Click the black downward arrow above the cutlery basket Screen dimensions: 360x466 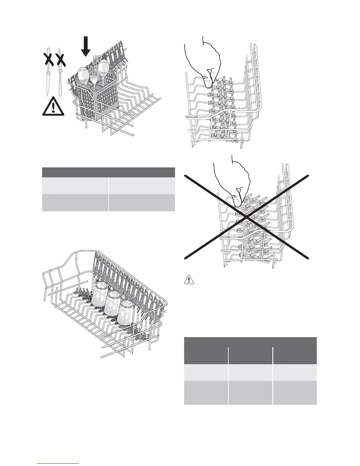coord(86,46)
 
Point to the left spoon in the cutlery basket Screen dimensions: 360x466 coord(84,75)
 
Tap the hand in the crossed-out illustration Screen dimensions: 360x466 coord(232,182)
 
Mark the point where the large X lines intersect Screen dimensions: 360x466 coord(246,217)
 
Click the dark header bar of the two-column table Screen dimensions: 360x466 coord(109,172)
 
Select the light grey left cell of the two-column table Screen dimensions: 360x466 coord(75,185)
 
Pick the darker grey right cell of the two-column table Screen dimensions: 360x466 coord(142,202)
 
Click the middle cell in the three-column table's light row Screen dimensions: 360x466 coord(250,373)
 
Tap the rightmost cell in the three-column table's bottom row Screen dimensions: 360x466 coord(295,393)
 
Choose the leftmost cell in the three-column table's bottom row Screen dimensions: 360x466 coord(206,393)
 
